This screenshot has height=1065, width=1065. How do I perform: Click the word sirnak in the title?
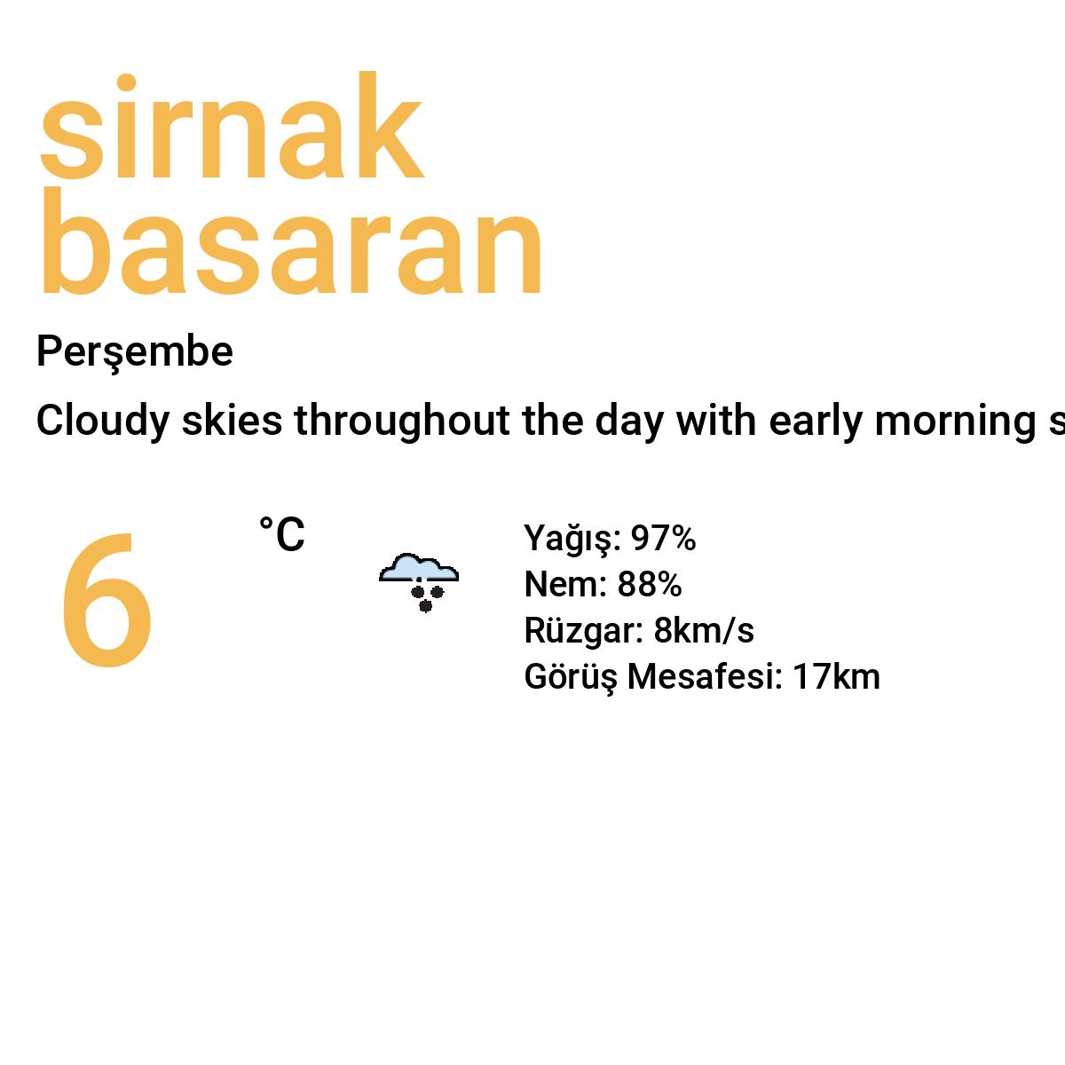231,130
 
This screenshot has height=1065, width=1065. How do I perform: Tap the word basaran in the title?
290,244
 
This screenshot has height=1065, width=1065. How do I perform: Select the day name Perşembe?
134,352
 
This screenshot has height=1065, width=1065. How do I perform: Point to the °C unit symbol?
281,535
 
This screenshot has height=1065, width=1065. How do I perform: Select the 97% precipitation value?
663,539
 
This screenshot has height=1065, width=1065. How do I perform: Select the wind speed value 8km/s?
704,631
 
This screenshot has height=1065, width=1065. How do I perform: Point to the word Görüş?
570,677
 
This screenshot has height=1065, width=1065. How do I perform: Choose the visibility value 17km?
836,677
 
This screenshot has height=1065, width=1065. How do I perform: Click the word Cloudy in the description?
102,422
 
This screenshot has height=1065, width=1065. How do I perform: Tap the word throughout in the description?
401,422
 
